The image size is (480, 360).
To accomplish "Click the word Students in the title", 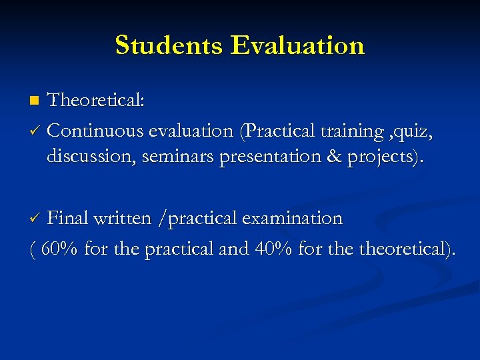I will (169, 45).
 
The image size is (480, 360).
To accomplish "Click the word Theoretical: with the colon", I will (96, 101).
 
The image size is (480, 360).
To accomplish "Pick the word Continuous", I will (96, 131).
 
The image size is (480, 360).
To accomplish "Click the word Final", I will (68, 218).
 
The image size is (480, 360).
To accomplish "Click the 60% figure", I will (59, 249).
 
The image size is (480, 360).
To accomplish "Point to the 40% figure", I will (273, 249).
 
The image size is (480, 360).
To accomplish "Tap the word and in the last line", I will (233, 249).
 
